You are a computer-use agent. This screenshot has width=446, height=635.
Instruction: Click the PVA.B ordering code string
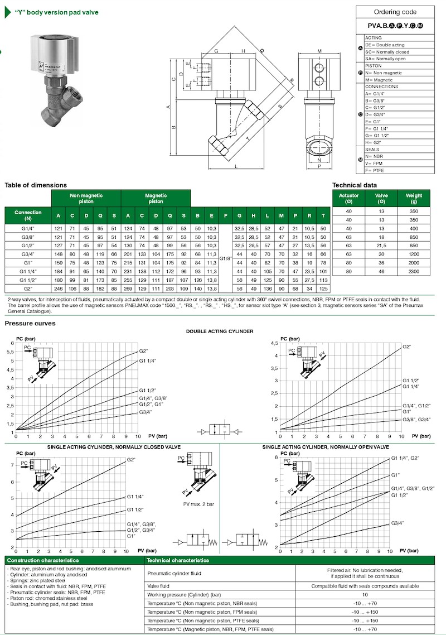(x=395, y=26)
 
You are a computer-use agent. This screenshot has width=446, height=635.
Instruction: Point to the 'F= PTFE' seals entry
(x=375, y=170)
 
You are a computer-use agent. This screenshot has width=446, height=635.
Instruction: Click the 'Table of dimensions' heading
(x=36, y=185)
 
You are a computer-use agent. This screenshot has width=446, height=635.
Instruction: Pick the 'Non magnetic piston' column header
(x=86, y=198)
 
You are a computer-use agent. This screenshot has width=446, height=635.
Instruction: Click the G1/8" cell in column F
(x=225, y=258)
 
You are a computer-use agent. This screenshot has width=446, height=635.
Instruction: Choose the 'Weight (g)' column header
(x=414, y=199)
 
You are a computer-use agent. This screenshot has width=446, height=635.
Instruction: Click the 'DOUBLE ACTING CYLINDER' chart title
(x=220, y=331)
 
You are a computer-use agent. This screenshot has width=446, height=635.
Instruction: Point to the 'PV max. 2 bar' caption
(x=198, y=504)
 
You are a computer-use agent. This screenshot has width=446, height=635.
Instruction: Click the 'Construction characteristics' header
(x=43, y=560)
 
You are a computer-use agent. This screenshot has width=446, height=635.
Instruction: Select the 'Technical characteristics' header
(x=177, y=560)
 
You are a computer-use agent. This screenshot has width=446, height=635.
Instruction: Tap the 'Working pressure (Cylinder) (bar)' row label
(x=184, y=594)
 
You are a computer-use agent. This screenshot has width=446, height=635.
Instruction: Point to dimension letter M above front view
(x=319, y=51)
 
